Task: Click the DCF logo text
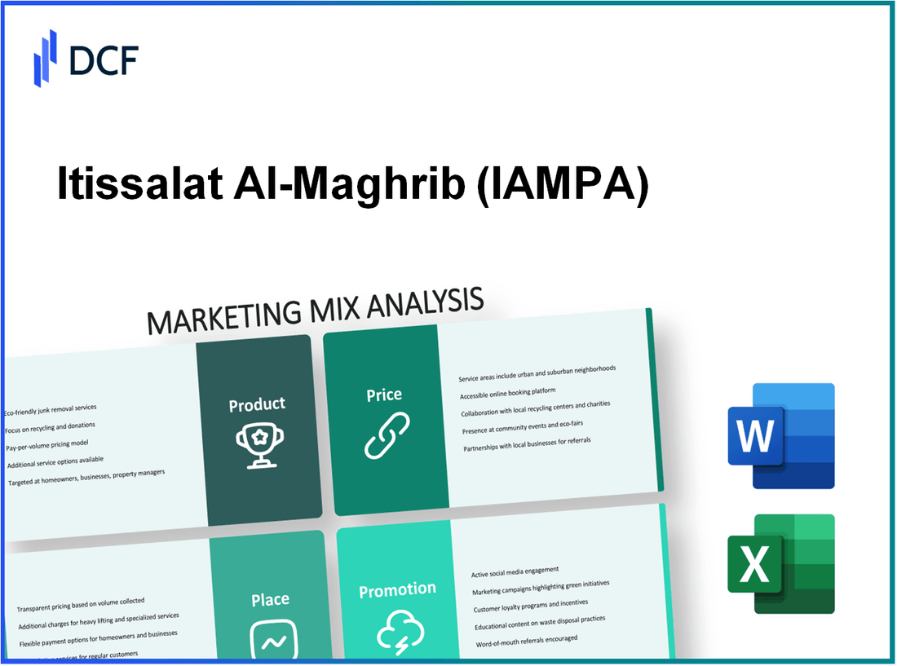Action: tap(105, 60)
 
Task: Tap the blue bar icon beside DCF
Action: tap(46, 58)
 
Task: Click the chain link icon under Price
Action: tap(385, 435)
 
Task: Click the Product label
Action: tap(257, 404)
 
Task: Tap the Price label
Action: tap(383, 395)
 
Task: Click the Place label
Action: tap(270, 600)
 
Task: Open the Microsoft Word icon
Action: tap(780, 436)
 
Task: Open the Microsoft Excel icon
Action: tap(781, 564)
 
